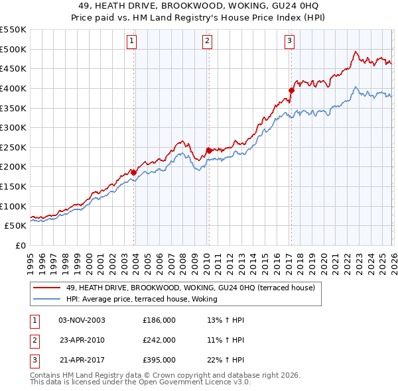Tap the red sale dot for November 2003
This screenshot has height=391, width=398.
133,172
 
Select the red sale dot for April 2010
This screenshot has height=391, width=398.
208,150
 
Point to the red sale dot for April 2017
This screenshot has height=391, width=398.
291,90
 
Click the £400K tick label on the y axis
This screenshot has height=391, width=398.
13,88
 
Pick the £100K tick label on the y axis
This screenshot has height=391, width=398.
13,206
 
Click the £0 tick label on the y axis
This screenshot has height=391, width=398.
20,245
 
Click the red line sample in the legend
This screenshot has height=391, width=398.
47,288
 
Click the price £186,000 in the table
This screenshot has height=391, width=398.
159,320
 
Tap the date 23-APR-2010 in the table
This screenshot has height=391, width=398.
82,340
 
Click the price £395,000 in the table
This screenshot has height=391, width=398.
159,360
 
